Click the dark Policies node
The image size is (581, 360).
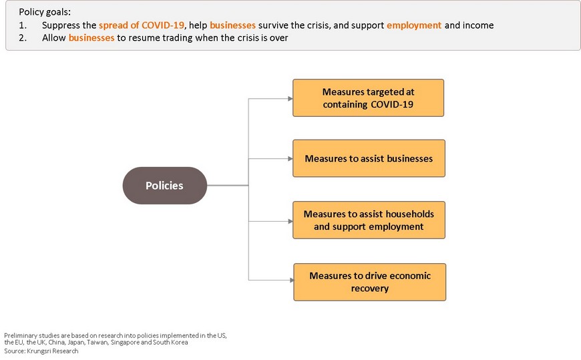click(164, 186)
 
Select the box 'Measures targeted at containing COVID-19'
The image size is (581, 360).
click(369, 98)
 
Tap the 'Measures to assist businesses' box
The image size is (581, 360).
click(369, 158)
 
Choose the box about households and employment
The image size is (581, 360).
click(369, 220)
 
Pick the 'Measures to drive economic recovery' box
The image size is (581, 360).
click(370, 282)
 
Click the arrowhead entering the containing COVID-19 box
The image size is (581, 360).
click(290, 99)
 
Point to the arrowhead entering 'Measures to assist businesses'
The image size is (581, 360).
click(290, 159)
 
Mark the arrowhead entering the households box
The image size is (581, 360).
click(290, 221)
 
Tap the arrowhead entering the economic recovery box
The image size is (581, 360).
click(292, 280)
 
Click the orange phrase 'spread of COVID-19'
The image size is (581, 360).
click(141, 25)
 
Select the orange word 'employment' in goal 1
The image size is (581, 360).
click(414, 25)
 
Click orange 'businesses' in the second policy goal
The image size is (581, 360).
click(91, 38)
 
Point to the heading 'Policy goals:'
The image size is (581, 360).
click(45, 12)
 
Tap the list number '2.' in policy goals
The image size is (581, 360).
click(23, 38)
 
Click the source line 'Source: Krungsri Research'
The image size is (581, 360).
click(41, 351)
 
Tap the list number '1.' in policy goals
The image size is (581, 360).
click(23, 25)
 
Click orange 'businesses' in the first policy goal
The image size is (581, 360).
click(232, 25)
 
